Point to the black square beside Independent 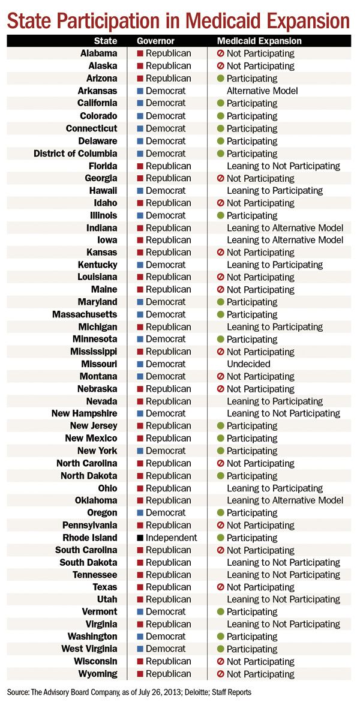point(140,538)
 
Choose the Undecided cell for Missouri point(248,364)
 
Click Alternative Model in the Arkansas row point(262,91)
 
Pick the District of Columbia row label point(76,153)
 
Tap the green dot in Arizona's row point(221,79)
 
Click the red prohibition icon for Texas point(221,587)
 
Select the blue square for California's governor point(140,103)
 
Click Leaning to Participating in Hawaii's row point(275,190)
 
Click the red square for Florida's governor point(140,166)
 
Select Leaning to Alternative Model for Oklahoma point(285,500)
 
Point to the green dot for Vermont point(221,612)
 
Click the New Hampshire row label point(84,413)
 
